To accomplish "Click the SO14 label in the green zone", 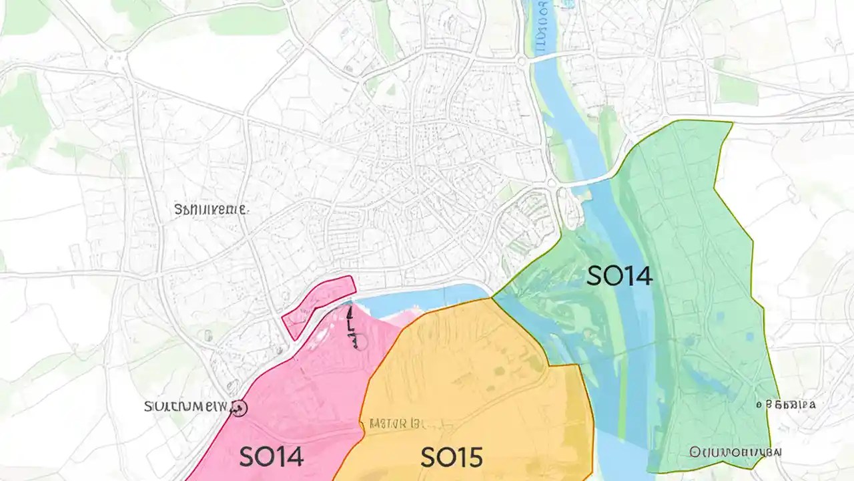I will pos(618,276).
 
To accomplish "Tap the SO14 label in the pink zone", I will pos(271,457).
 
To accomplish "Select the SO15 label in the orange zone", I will pos(451,457).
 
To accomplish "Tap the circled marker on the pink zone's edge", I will pos(239,408).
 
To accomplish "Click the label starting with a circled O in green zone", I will pos(734,452).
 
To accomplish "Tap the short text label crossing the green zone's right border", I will pos(786,404).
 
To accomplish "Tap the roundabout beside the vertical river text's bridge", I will pos(521,61).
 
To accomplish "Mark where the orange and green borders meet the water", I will pos(492,298).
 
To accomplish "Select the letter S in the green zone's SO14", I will pos(594,276).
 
